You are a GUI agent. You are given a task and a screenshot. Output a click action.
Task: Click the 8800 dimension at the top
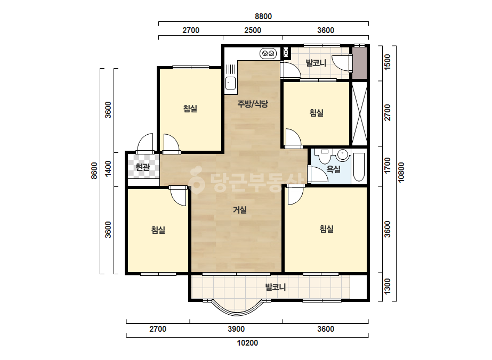pos(263,17)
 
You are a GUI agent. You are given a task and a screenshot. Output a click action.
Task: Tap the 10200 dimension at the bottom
pos(247,343)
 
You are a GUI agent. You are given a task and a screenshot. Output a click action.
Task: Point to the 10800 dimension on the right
pos(401,172)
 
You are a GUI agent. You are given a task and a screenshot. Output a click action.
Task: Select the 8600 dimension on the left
pos(94,170)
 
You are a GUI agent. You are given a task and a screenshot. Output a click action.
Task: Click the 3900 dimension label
pos(236,329)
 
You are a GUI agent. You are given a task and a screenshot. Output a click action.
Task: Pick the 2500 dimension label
pos(253,30)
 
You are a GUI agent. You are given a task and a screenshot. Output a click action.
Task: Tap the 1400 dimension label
pos(108,169)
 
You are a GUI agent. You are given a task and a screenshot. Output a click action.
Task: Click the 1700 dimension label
pos(388,166)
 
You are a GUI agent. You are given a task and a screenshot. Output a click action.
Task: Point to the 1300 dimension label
pos(388,287)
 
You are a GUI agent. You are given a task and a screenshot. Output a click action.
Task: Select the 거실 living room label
pos(240,210)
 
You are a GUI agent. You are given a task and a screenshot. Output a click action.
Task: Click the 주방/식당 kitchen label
pos(253,104)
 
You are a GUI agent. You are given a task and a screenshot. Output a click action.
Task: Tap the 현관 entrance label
pos(143,167)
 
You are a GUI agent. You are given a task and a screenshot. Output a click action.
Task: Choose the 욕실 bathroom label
pos(334,169)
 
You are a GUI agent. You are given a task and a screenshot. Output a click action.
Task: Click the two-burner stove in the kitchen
pos(268,54)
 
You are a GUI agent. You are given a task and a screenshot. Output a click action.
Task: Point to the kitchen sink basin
pos(230,83)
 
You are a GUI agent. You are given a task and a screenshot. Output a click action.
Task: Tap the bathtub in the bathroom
pos(359,167)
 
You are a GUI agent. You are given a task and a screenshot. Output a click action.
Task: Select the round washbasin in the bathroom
pos(343,155)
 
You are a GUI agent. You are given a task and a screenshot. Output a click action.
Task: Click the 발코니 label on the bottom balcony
pos(276,287)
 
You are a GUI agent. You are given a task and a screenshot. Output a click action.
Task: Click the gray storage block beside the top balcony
pos(359,63)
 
